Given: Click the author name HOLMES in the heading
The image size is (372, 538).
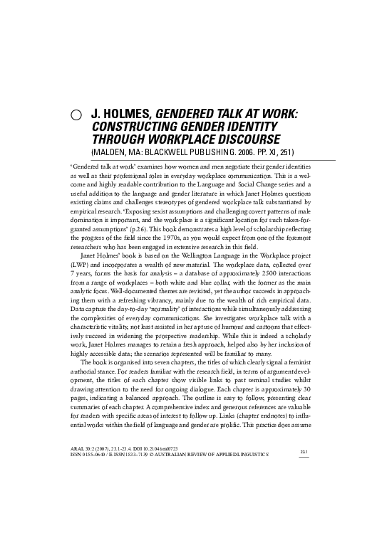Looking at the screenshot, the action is (x=128, y=114).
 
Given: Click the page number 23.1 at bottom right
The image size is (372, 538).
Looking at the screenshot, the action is (x=303, y=489).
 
